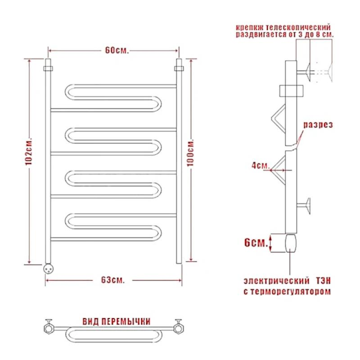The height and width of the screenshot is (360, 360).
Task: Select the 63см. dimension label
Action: [x=112, y=280]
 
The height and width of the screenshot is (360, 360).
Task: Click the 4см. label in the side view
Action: [x=258, y=166]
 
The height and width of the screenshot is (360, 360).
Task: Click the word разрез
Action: [x=318, y=125]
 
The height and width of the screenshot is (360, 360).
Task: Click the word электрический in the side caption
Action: [x=273, y=280]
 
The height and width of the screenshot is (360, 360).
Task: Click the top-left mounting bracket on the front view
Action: [x=48, y=69]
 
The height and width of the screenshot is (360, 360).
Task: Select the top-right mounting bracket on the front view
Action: [x=179, y=68]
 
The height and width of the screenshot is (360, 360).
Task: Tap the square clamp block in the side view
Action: [x=292, y=91]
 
